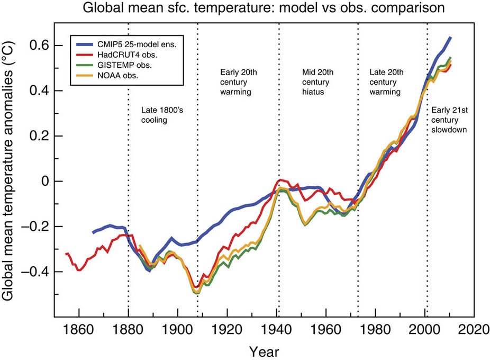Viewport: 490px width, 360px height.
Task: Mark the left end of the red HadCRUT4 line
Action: click(66, 254)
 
